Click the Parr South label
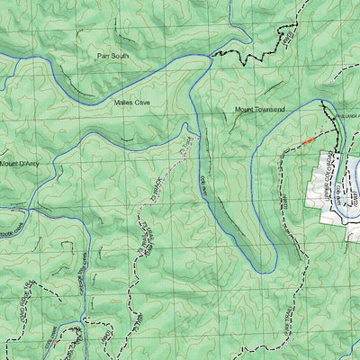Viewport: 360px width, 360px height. (114, 56)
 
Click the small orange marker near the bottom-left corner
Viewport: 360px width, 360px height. (57, 342)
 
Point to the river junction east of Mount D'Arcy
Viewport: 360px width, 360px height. (56, 164)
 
